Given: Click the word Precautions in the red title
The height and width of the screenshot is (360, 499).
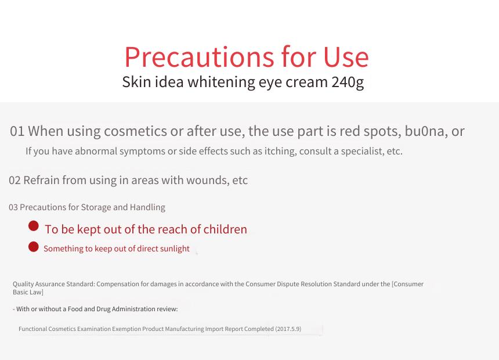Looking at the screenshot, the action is [x=199, y=57].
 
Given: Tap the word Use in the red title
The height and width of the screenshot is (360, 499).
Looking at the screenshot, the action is [x=346, y=57].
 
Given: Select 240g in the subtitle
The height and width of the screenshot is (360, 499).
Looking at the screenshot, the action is [x=348, y=82].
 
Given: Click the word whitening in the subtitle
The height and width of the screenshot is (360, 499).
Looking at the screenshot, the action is [x=221, y=82].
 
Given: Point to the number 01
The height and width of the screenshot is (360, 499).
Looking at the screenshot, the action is [x=17, y=131].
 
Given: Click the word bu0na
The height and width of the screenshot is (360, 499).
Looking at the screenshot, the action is [x=424, y=131].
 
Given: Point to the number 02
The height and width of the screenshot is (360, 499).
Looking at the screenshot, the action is [x=15, y=181].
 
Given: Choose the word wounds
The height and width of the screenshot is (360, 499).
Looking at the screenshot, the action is [x=205, y=181].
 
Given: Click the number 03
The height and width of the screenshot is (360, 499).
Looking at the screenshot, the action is [x=13, y=207].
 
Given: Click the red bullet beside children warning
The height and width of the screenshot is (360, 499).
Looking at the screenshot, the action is [x=34, y=226].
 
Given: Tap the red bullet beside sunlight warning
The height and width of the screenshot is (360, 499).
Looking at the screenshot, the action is [x=34, y=247].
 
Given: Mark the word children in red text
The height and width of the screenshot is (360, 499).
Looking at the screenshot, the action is [x=225, y=229].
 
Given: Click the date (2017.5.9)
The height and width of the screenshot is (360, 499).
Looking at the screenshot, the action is [x=288, y=329].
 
